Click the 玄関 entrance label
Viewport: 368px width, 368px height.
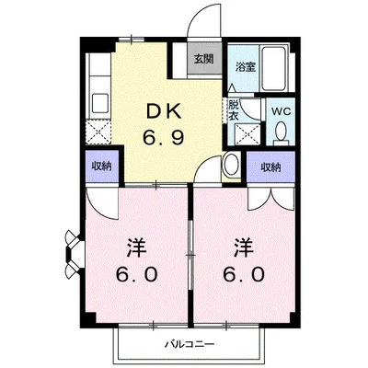[203, 59]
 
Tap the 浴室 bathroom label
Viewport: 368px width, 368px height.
[246, 67]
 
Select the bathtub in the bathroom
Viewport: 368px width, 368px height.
[274, 68]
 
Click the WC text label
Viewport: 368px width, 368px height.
[282, 111]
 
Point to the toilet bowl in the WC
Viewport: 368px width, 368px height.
[282, 133]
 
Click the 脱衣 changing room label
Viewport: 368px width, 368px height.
[234, 111]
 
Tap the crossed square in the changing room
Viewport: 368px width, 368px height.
[247, 134]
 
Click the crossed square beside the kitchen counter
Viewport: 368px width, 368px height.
[98, 132]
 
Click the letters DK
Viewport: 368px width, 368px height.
[163, 113]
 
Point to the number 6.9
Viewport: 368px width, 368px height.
[163, 136]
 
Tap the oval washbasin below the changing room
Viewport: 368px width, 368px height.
[231, 165]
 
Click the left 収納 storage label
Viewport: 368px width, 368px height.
[101, 167]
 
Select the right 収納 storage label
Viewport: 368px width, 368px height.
[270, 167]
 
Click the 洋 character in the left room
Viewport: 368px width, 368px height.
[137, 247]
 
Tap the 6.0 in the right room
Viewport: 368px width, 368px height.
[244, 274]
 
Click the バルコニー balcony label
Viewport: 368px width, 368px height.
[190, 344]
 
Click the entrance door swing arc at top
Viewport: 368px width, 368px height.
[204, 20]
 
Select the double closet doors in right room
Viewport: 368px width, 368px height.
[271, 199]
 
